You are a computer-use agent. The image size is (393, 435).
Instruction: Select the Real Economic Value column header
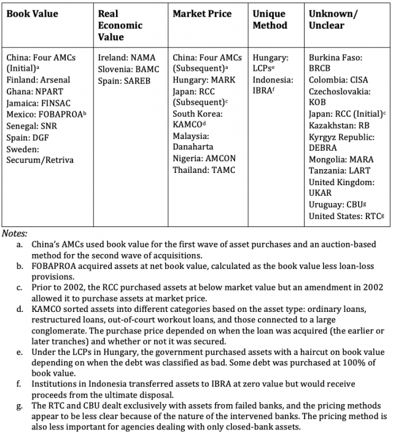pos(120,25)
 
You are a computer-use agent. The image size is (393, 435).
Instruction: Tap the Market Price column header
pos(202,14)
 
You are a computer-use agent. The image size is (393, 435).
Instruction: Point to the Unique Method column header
pos(270,20)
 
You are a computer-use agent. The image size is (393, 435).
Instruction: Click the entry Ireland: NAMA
pos(127,57)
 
